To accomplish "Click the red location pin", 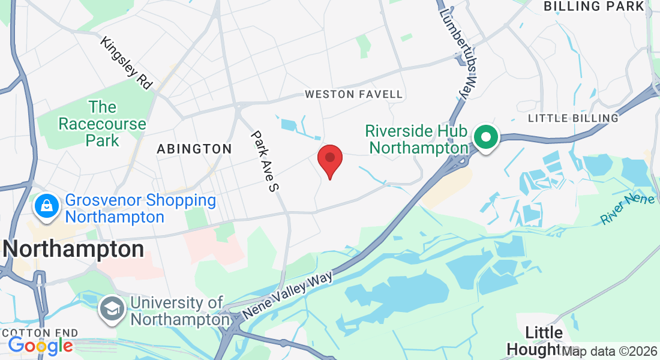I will click(x=329, y=159).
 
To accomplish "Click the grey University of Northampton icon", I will click(x=112, y=310).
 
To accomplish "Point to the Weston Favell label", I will click(x=354, y=94).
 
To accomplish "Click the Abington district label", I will click(x=194, y=149).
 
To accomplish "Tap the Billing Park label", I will click(x=593, y=7).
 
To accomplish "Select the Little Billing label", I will click(x=573, y=118).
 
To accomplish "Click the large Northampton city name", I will click(x=74, y=249).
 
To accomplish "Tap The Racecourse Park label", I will click(x=102, y=124).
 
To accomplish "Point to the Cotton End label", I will click(x=40, y=332).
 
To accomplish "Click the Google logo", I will click(x=40, y=346).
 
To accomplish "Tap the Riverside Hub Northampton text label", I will click(x=418, y=139).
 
